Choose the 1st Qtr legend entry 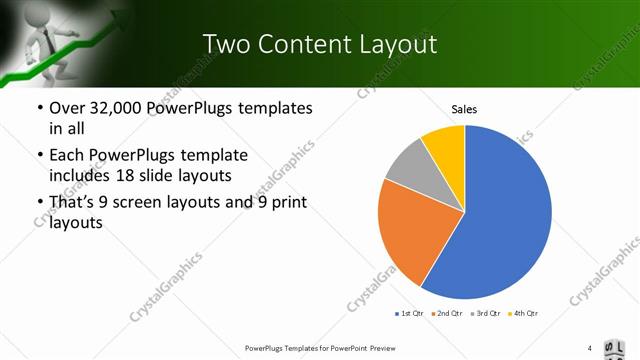[410, 314]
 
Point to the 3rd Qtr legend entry [486, 314]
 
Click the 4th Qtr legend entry [524, 314]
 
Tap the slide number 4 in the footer [590, 348]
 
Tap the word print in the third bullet [289, 203]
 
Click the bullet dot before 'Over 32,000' [39, 108]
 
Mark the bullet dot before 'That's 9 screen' [39, 204]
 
